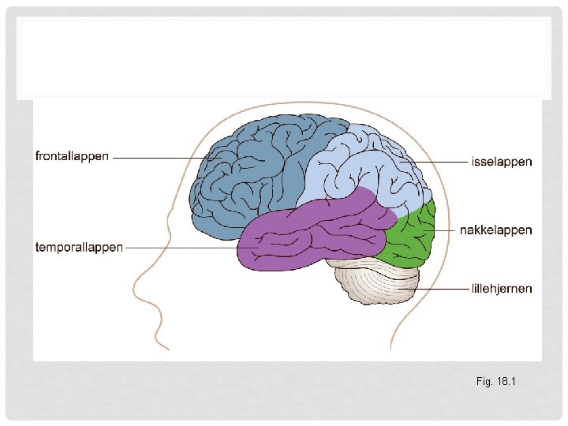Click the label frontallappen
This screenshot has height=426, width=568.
(72, 156)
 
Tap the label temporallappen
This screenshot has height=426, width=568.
(79, 247)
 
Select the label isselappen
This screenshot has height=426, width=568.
(501, 162)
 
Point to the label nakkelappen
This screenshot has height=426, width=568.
(496, 230)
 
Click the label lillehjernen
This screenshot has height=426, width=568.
(501, 288)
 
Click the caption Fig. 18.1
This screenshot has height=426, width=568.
(495, 382)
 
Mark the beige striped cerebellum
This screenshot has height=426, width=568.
(377, 282)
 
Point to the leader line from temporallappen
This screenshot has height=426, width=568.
(181, 247)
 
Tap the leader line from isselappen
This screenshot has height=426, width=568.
(442, 163)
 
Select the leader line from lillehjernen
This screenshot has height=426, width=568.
(442, 289)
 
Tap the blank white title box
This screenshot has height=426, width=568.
(284, 59)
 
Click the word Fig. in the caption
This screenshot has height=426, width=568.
(484, 382)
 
